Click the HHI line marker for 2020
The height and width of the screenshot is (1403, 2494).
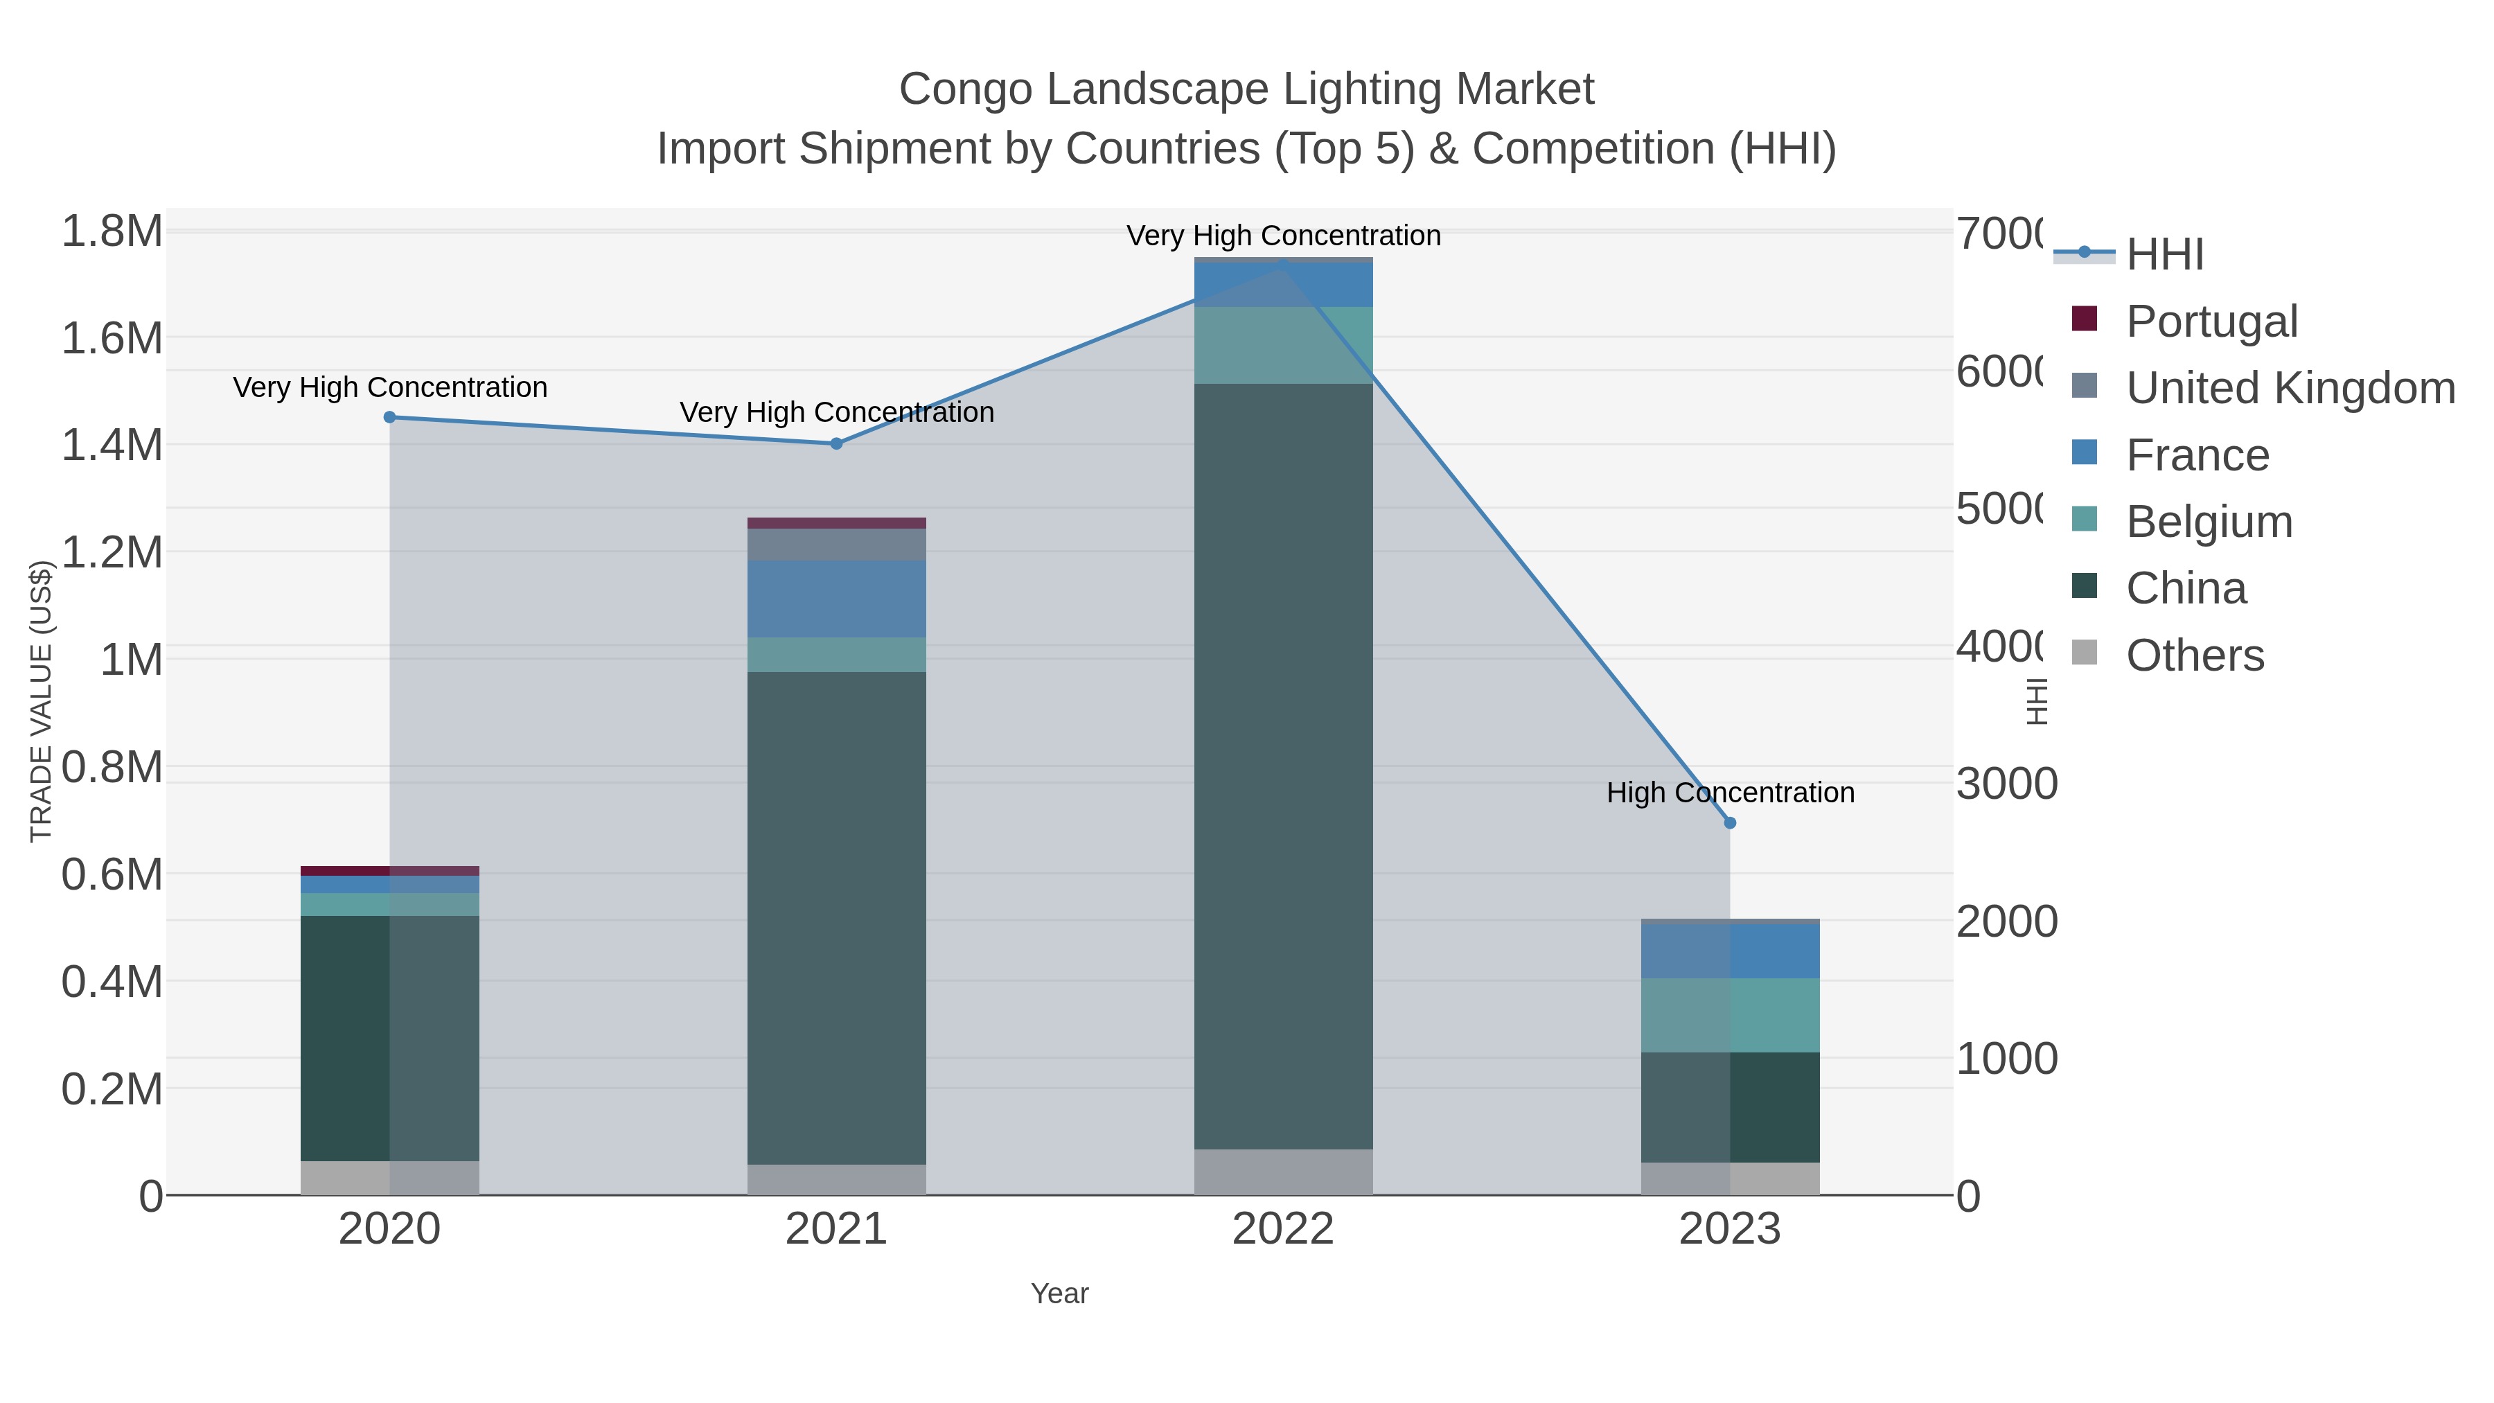(389, 417)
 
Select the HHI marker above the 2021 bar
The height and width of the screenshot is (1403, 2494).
(836, 443)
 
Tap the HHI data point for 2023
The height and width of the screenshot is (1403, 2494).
(1730, 823)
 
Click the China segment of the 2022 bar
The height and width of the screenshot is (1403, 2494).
(1283, 765)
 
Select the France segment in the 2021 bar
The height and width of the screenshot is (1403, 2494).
(836, 599)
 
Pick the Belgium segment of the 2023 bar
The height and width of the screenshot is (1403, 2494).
(1730, 1015)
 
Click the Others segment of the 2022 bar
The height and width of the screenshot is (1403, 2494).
(1283, 1172)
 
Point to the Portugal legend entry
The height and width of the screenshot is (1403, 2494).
(2211, 321)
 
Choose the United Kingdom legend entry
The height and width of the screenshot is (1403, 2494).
(2290, 387)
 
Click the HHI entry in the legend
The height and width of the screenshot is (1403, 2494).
(2165, 255)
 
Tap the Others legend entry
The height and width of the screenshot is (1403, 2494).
(2195, 655)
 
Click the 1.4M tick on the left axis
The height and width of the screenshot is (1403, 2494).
(112, 445)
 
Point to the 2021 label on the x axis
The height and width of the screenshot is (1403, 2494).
(836, 1230)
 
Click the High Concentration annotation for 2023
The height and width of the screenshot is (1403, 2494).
(1730, 793)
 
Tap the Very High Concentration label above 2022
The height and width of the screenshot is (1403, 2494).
(1283, 236)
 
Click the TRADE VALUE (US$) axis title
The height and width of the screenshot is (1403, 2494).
(41, 701)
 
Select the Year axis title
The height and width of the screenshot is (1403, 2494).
(1059, 1294)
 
